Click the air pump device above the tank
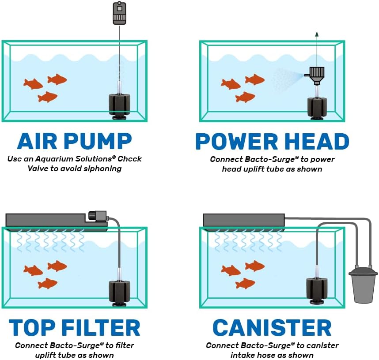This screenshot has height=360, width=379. click(x=120, y=13)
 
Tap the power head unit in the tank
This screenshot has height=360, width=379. click(x=316, y=74)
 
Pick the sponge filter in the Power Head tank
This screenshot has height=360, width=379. click(x=317, y=109)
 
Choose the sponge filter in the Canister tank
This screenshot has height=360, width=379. click(x=316, y=291)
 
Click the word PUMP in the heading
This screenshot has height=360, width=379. click(x=98, y=141)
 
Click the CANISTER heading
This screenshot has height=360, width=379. click(x=272, y=328)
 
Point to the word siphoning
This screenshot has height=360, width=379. click(x=102, y=168)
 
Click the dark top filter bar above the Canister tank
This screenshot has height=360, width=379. click(x=243, y=220)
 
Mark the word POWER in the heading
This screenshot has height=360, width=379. click(x=234, y=141)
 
